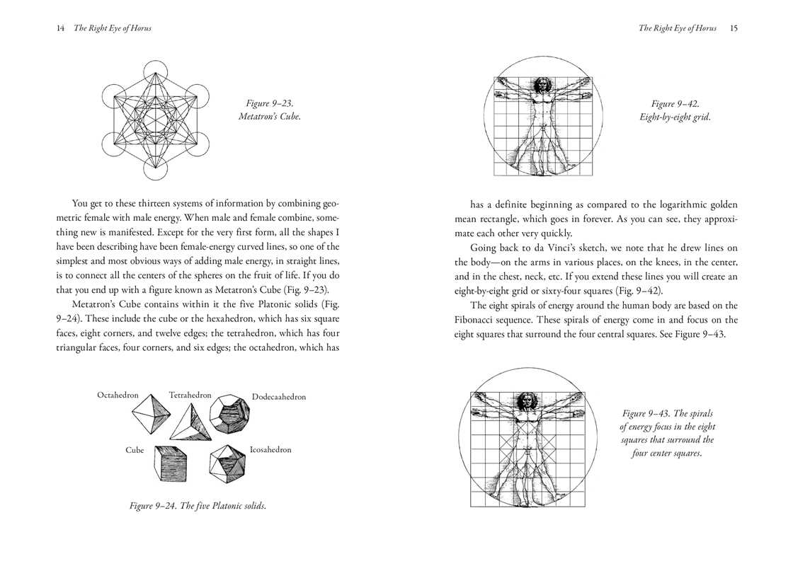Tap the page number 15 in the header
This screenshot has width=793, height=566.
tap(734, 28)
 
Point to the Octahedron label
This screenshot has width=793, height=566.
tap(118, 395)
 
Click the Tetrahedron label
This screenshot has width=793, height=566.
tap(190, 395)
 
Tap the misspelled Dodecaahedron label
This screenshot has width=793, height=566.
tap(279, 397)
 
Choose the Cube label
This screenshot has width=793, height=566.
tap(135, 450)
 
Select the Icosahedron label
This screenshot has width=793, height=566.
tap(270, 450)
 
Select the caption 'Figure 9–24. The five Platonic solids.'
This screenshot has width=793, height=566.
tap(198, 506)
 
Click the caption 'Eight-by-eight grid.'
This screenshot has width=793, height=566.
tap(674, 117)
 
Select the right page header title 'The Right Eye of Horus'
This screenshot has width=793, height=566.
tap(678, 28)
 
